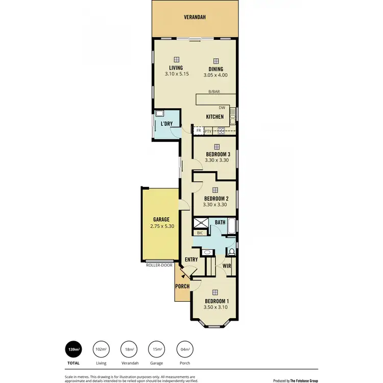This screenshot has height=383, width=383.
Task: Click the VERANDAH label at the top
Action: coord(195,17)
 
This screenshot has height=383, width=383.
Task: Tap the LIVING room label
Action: coord(177,68)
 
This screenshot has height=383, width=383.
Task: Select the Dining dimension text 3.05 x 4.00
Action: coord(216,75)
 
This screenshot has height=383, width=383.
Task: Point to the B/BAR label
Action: coord(213,92)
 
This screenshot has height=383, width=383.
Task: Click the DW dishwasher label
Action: coord(222,108)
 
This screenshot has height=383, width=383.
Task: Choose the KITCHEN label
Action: coord(215,117)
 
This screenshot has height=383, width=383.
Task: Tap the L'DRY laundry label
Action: coord(166,124)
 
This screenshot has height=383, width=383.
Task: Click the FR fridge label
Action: coord(198,131)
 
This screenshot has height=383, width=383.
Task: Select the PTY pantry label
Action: coord(208,131)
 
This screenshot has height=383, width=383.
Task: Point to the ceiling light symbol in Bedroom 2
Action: coord(215,189)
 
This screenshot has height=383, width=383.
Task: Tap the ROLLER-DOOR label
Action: coord(159,266)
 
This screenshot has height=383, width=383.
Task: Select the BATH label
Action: coord(220,223)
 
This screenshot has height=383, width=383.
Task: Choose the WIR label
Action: coord(227,266)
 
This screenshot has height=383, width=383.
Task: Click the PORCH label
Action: coord(182,286)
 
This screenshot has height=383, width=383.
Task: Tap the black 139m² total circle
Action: coord(74,349)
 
